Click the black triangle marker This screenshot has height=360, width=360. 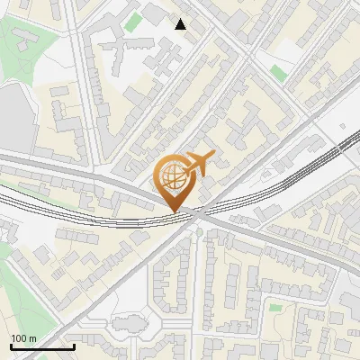(181, 24)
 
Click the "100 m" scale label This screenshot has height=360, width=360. (23, 338)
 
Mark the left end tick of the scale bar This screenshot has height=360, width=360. (11, 346)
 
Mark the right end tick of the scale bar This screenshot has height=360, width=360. (74, 346)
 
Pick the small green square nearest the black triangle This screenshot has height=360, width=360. (133, 21)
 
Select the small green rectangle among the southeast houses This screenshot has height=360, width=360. (274, 283)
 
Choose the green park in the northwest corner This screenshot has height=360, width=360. (22, 45)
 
